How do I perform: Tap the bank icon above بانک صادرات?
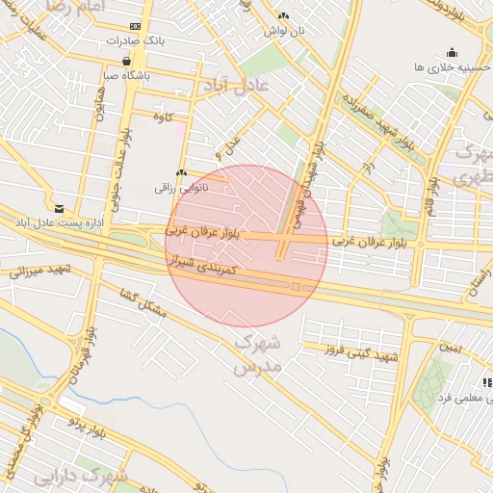[x=135, y=26]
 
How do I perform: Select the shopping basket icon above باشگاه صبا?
[x=127, y=60]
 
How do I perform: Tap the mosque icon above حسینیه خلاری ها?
[x=452, y=52]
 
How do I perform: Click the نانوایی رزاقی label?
[x=180, y=189]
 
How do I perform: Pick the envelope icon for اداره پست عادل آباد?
[x=60, y=208]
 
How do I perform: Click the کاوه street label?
[x=163, y=117]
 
